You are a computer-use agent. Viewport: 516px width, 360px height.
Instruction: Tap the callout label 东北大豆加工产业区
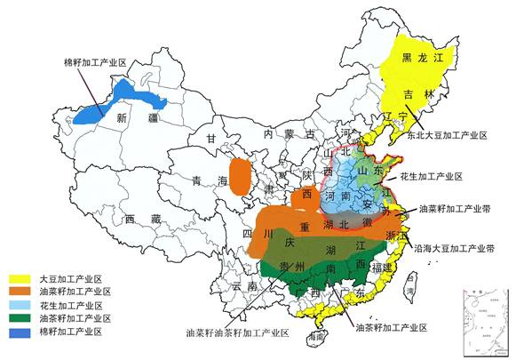click(x=448, y=136)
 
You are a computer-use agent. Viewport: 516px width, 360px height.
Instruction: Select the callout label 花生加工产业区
click(x=432, y=177)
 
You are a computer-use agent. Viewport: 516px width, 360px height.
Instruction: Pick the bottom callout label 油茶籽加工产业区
click(x=391, y=328)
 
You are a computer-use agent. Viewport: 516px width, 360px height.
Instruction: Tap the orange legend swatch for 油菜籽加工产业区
click(x=23, y=291)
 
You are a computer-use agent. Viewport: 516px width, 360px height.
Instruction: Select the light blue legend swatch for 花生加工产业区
click(x=23, y=304)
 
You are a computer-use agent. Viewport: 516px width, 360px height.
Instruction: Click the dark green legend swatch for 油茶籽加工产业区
click(x=23, y=317)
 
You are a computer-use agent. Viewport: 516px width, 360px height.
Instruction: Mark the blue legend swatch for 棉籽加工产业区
click(x=23, y=331)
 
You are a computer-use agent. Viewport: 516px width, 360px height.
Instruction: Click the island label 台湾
click(x=410, y=284)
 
